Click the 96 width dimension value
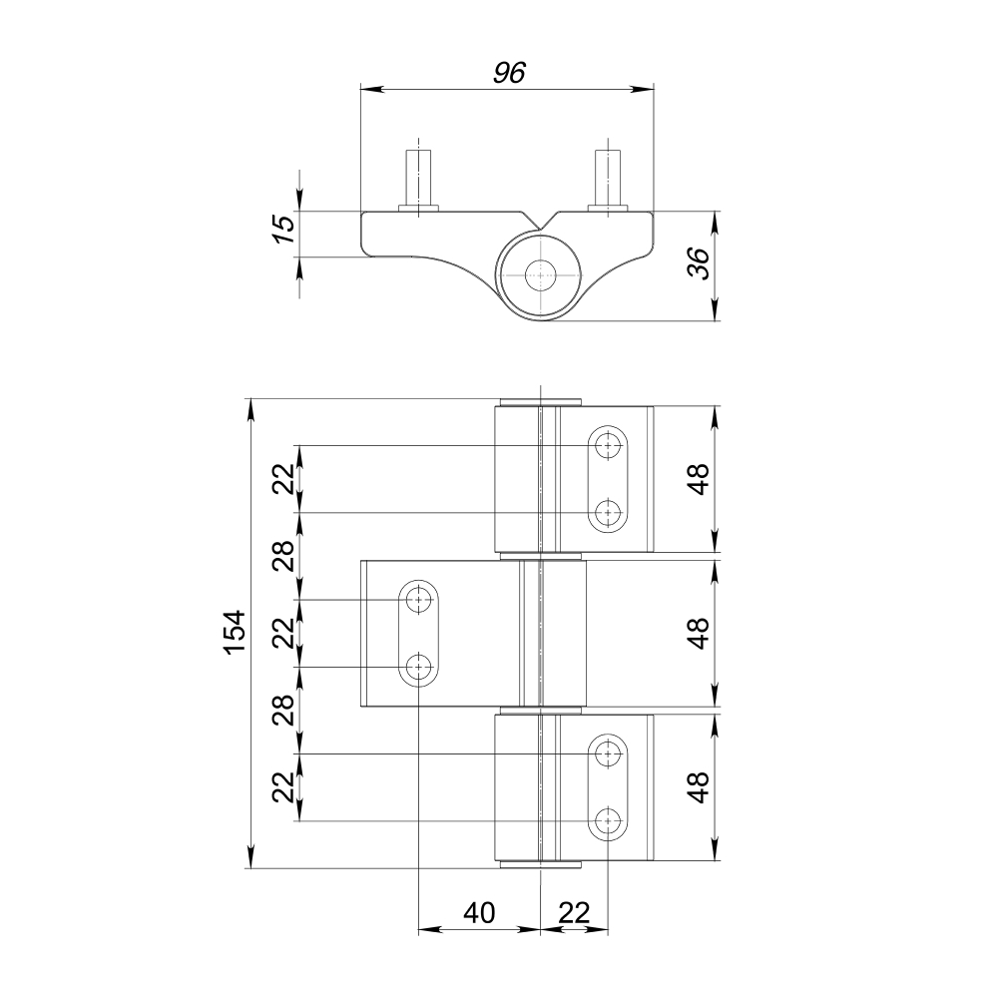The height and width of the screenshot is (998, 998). [508, 73]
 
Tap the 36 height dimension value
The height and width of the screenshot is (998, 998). [700, 264]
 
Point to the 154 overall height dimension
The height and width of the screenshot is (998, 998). [234, 633]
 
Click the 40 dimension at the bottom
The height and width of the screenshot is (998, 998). [479, 912]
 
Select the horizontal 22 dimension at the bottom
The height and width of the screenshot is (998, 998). [574, 912]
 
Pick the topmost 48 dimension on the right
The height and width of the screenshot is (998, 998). [700, 479]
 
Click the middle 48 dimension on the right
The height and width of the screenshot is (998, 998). [700, 633]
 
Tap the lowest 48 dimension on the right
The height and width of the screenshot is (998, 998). [700, 786]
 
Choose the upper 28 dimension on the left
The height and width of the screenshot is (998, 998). [284, 555]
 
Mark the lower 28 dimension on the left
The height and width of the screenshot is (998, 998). [284, 710]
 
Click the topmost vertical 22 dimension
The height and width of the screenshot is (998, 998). [284, 479]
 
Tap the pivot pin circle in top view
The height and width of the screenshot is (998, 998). [540, 275]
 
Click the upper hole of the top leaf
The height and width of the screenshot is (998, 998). [607, 445]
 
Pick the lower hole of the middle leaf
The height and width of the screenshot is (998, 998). [419, 667]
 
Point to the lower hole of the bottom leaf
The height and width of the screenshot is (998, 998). [607, 821]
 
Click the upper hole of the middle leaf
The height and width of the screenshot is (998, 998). [419, 599]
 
